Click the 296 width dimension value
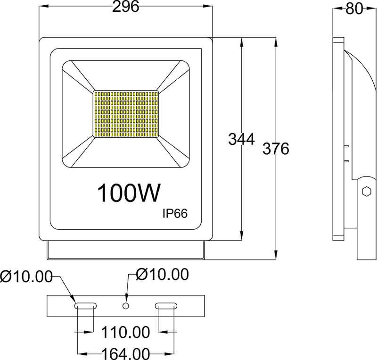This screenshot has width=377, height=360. pos(125,7)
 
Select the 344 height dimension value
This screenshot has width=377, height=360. pos(241,139)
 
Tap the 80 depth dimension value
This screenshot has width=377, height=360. pos(354,8)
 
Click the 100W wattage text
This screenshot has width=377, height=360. pos(129,193)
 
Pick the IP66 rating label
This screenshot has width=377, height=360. pos(175,214)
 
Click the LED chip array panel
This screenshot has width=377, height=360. pos(126,113)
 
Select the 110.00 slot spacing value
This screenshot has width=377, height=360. pos(126,332)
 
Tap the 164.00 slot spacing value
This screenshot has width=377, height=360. pos(126,353)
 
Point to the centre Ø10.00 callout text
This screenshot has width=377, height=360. pos(162,274)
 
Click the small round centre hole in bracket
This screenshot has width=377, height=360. pos(126,306)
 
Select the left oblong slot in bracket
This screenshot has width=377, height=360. pos(86,306)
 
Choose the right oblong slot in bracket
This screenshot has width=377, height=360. pos(166,306)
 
